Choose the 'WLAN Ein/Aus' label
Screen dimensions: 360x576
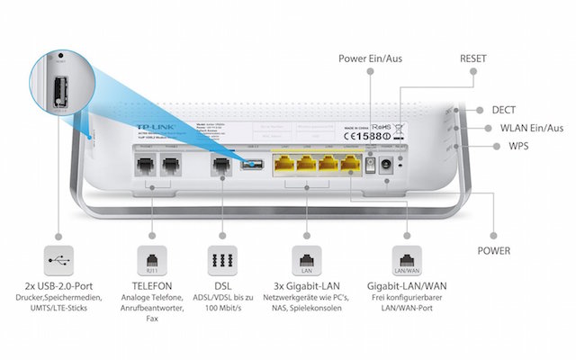click(526, 129)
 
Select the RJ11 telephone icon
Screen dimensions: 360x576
click(147, 258)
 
